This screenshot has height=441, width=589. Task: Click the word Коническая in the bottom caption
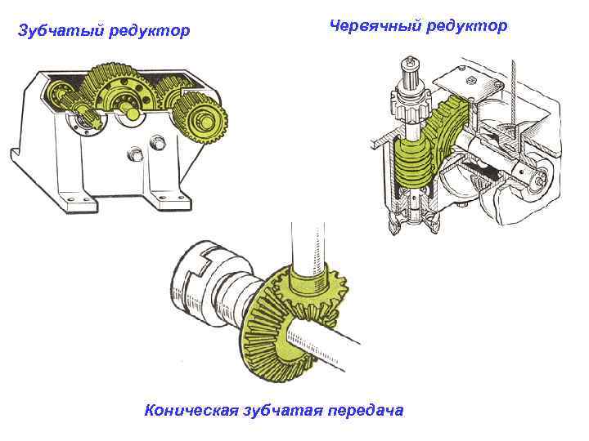191,410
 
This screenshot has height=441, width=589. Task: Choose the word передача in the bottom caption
365,410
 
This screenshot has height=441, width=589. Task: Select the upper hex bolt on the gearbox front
158,143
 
